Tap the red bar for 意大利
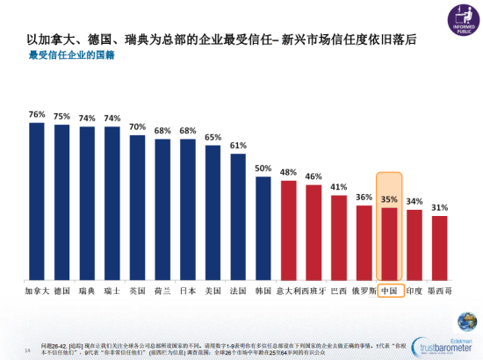(288, 230)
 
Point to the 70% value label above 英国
(138, 126)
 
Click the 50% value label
(263, 168)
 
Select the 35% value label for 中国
(390, 199)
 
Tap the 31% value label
(440, 207)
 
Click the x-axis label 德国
(61, 290)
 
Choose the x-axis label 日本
(187, 290)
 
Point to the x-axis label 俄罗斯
(364, 290)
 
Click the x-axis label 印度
(415, 290)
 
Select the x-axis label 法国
(238, 290)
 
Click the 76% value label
(37, 114)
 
